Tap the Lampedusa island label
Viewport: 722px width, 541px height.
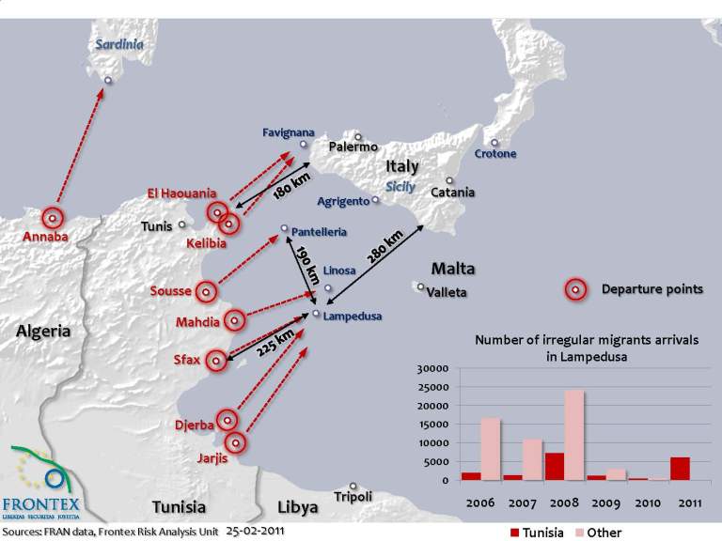(352, 317)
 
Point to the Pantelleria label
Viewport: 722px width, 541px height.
(320, 231)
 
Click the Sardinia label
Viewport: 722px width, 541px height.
(118, 44)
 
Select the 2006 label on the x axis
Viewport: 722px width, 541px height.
(479, 502)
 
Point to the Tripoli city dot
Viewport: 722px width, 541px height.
(353, 486)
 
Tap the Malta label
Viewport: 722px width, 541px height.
(453, 269)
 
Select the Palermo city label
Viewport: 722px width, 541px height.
(353, 147)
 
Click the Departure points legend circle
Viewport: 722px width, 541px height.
(575, 290)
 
